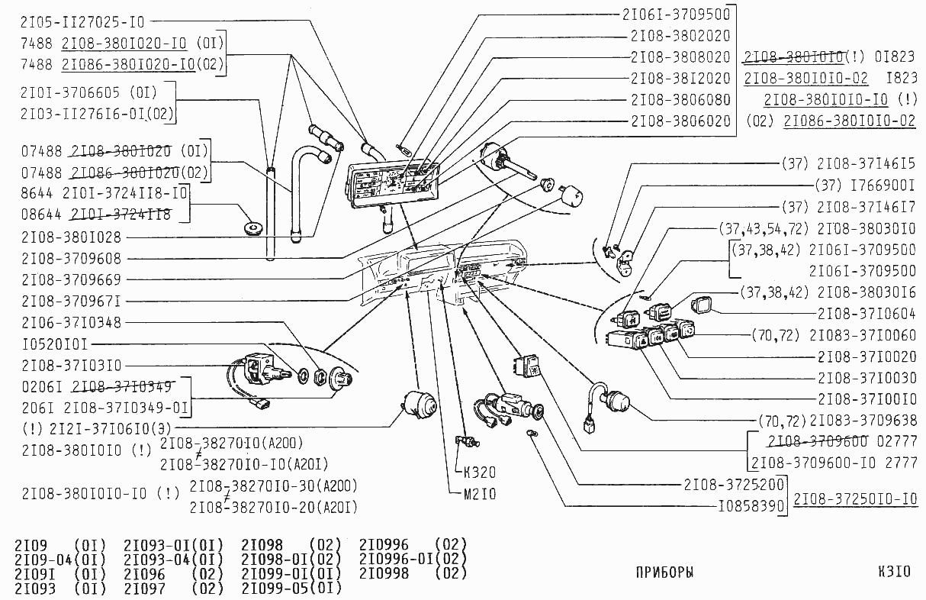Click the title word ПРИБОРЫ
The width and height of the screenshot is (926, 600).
664,572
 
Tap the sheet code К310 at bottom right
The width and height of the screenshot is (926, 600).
894,572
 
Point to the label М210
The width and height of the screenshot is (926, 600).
480,494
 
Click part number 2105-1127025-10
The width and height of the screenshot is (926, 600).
82,21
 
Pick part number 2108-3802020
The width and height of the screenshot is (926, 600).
680,35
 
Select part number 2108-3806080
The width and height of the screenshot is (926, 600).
680,99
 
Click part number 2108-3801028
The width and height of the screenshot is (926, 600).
71,237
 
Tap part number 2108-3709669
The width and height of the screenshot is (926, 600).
71,279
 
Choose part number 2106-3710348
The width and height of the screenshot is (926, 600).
71,322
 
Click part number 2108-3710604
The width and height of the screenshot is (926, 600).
867,313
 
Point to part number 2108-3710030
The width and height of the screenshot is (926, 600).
867,377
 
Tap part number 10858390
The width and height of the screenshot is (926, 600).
751,505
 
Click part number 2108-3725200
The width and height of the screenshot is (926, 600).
735,484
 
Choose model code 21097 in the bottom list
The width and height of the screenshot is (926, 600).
144,588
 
